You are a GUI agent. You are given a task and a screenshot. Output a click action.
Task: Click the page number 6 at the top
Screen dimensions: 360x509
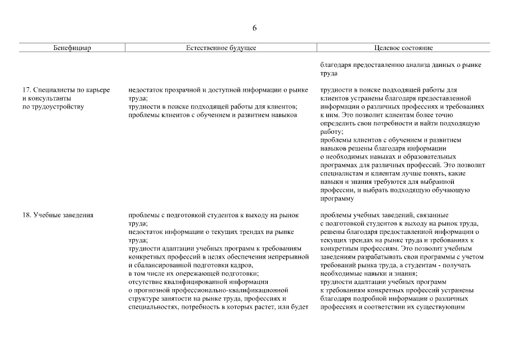point(254,28)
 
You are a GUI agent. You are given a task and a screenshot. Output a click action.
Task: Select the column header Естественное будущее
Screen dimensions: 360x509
point(221,48)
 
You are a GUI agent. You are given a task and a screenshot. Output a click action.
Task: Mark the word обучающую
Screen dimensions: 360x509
point(448,190)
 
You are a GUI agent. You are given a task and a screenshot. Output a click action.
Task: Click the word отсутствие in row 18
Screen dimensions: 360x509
point(146,282)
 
